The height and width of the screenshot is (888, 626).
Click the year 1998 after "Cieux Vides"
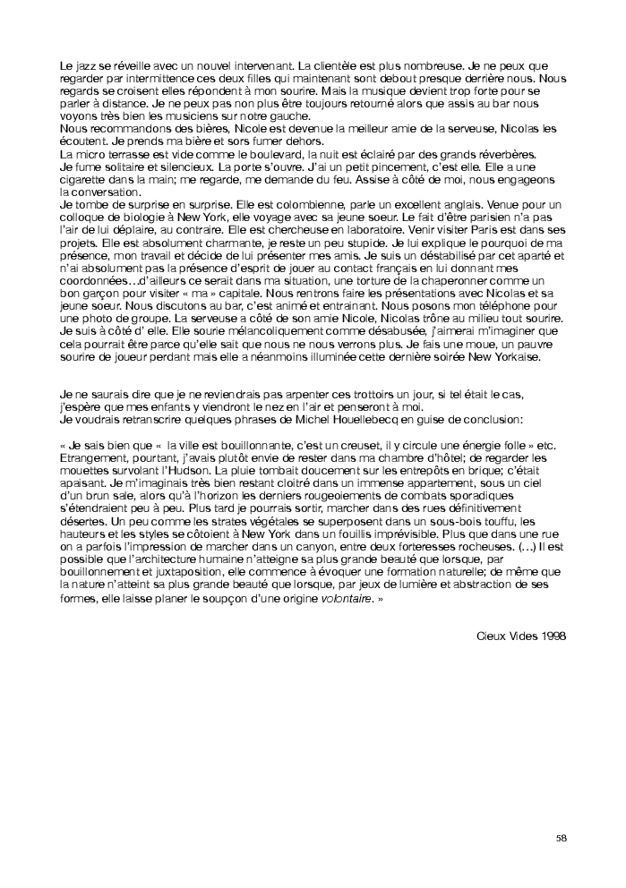click(x=550, y=636)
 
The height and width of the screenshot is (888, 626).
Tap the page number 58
click(x=561, y=838)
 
